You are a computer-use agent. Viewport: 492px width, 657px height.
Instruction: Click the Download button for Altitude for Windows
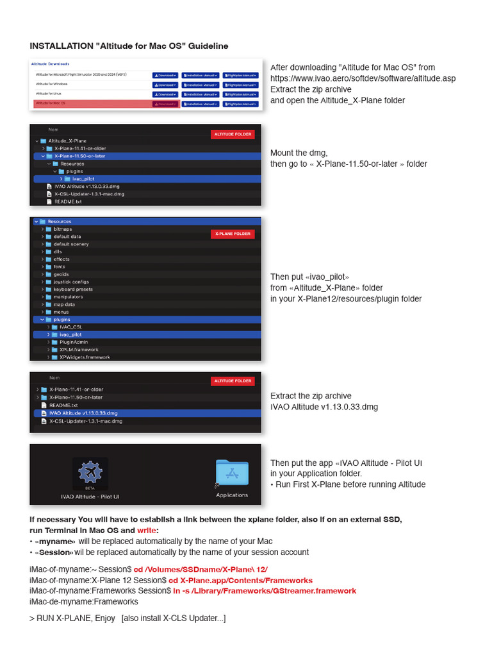point(165,84)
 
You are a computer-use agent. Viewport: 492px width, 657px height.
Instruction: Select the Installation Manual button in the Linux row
point(200,94)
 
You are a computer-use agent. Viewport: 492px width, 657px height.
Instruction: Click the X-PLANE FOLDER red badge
point(233,234)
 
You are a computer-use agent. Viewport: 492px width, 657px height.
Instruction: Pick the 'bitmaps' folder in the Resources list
point(63,229)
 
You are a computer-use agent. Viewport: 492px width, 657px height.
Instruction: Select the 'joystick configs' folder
point(71,282)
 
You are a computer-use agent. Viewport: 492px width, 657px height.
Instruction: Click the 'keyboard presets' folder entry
point(73,289)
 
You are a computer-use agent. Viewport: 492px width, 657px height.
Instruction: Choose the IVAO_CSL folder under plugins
point(70,327)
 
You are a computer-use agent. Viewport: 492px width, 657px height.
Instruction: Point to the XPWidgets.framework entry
point(85,357)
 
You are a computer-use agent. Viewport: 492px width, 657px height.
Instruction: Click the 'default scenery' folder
point(71,244)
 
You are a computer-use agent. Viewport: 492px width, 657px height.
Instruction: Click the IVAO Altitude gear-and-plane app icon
point(90,472)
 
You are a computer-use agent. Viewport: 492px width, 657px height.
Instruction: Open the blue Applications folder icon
point(232,474)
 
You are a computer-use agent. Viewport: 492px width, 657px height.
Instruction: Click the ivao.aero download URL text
point(363,78)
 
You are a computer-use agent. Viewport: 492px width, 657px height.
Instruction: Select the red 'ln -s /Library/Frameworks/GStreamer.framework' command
point(265,590)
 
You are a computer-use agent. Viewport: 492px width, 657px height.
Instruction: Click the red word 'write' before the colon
point(146,531)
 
